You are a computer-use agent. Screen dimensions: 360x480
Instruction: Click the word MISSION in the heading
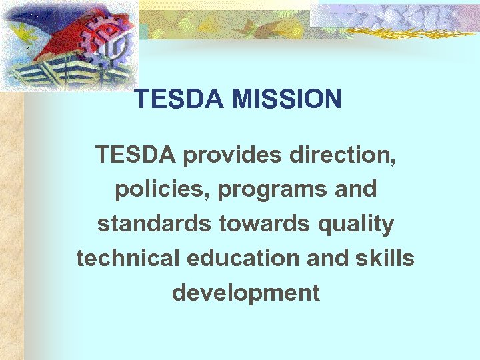tap(287, 100)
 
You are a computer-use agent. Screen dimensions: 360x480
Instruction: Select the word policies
tap(152, 189)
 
